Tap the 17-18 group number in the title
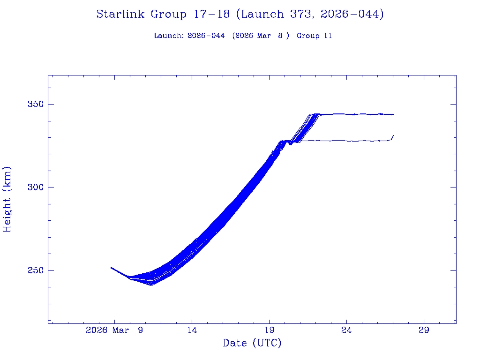click(x=211, y=15)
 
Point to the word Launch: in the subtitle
click(x=169, y=36)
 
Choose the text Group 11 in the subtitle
click(x=314, y=36)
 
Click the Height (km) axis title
click(x=7, y=199)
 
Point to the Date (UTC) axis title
click(x=252, y=343)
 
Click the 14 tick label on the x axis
click(x=192, y=330)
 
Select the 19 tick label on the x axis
click(x=269, y=330)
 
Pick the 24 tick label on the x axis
click(x=346, y=330)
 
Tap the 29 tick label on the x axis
click(x=424, y=330)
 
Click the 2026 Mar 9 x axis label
click(x=114, y=330)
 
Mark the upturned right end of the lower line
click(x=393, y=135)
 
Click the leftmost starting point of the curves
click(x=111, y=267)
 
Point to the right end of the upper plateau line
click(x=393, y=114)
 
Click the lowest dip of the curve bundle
click(x=151, y=285)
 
